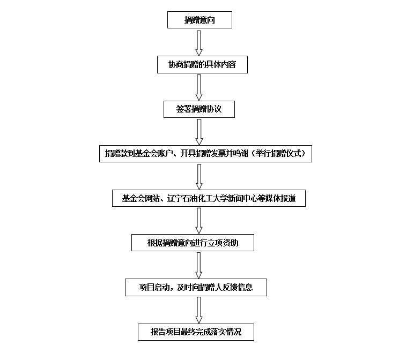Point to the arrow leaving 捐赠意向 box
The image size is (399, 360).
[x=199, y=43]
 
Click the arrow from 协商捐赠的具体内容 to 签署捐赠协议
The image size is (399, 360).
[x=199, y=87]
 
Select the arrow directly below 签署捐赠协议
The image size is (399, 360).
[x=199, y=132]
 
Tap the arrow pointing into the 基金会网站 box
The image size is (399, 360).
[x=199, y=177]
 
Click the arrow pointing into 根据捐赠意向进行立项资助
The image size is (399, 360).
[x=199, y=221]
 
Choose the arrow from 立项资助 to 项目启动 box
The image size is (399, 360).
[x=199, y=265]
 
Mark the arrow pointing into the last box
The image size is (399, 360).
[x=199, y=310]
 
